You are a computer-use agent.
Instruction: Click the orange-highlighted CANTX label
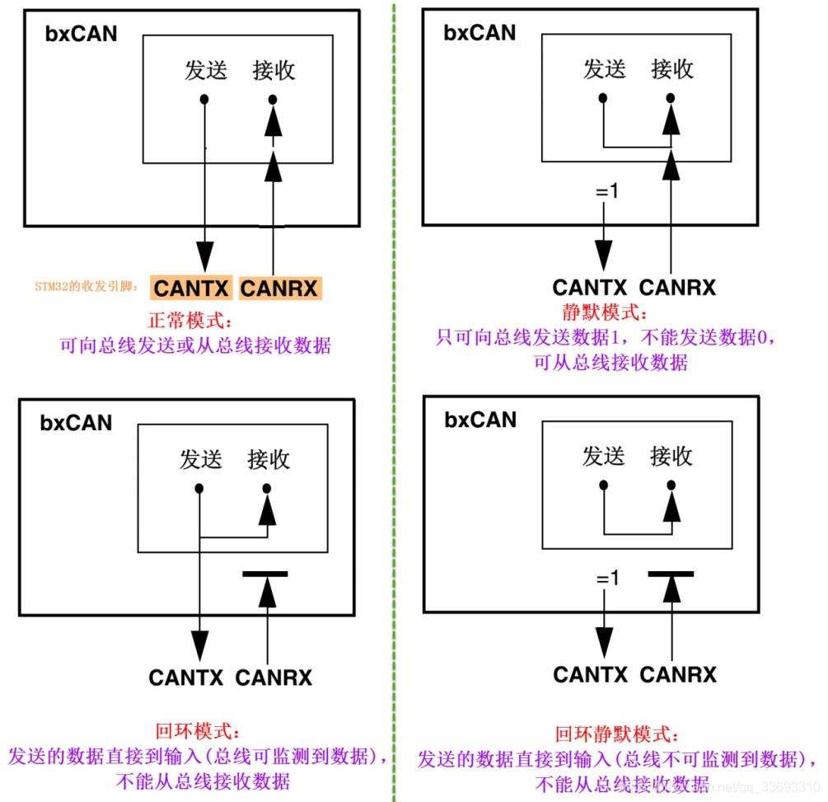pyautogui.click(x=192, y=289)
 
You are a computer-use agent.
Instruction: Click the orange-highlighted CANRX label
pyautogui.click(x=279, y=289)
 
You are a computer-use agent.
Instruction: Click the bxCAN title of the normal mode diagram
pyautogui.click(x=81, y=34)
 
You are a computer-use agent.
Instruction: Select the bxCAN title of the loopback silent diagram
pyautogui.click(x=480, y=420)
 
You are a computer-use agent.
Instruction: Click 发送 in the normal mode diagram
pyautogui.click(x=205, y=71)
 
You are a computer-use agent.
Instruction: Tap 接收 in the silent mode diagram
pyautogui.click(x=672, y=69)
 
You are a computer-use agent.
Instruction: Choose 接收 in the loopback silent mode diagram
pyautogui.click(x=671, y=456)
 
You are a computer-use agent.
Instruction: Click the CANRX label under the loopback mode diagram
pyautogui.click(x=274, y=678)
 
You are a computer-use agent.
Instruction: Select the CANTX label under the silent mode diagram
pyautogui.click(x=592, y=288)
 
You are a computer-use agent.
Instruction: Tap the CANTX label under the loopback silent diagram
pyautogui.click(x=592, y=674)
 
